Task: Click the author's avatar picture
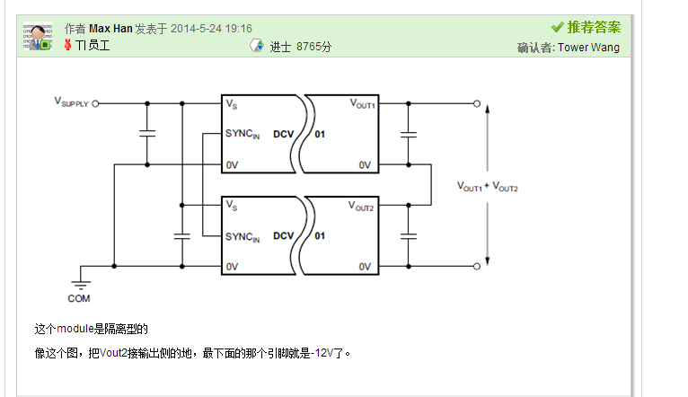38,36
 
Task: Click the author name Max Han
110,29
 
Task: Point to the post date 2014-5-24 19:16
211,29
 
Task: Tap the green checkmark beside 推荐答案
557,27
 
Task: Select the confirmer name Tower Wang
588,48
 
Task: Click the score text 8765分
313,47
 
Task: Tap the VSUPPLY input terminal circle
95,104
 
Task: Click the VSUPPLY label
71,102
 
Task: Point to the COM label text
78,299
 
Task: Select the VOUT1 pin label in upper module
363,104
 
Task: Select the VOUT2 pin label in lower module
361,207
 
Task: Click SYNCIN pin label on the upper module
243,134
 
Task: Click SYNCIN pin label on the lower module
243,237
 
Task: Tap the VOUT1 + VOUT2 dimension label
488,187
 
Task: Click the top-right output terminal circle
477,104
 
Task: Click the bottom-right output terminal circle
477,266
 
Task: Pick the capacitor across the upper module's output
409,135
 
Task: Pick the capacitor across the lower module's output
409,236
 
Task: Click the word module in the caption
75,329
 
